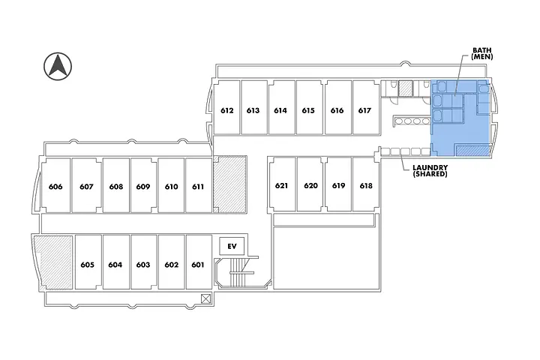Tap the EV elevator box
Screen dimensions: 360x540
pyautogui.click(x=231, y=246)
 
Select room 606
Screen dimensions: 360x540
pyautogui.click(x=55, y=187)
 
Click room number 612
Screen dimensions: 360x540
pyautogui.click(x=226, y=110)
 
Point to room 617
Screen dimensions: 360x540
pyautogui.click(x=364, y=110)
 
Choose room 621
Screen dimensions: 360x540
pyautogui.click(x=281, y=185)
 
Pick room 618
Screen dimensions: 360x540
pyautogui.click(x=365, y=185)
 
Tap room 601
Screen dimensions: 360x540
pyautogui.click(x=198, y=264)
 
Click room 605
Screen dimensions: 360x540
pyautogui.click(x=87, y=264)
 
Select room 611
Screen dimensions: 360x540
pyautogui.click(x=198, y=187)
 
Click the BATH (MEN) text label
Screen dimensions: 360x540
pyautogui.click(x=481, y=53)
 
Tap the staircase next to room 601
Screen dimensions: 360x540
pyautogui.click(x=237, y=274)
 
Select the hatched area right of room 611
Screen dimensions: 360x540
pyautogui.click(x=229, y=184)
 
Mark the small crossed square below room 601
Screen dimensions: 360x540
pyautogui.click(x=206, y=298)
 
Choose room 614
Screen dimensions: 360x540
pyautogui.click(x=280, y=110)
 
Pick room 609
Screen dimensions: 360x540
pyautogui.click(x=143, y=187)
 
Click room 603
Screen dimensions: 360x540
pyautogui.click(x=143, y=264)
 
